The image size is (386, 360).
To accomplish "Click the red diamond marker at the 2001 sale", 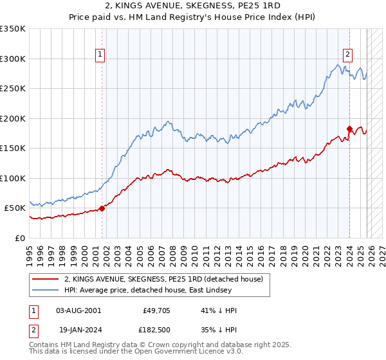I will tap(102, 208).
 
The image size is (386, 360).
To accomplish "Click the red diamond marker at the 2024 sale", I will tap(349, 129).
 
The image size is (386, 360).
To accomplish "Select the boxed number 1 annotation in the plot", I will tap(101, 55).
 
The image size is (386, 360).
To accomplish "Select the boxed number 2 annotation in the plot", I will tap(347, 55).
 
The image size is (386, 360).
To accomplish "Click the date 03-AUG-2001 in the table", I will tap(78, 310).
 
